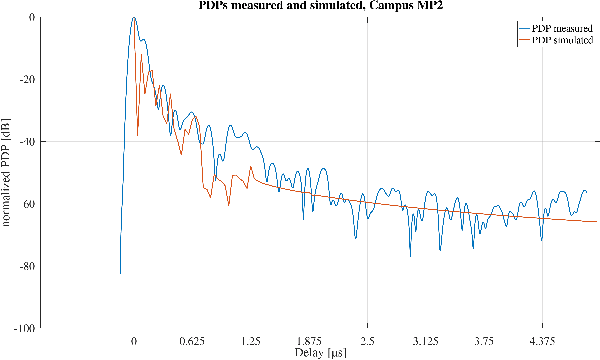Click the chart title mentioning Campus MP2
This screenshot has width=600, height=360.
[299, 7]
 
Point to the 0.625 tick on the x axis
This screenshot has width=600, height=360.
[192, 340]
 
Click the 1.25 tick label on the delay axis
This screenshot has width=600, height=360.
[251, 340]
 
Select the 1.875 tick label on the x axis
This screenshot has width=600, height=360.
[309, 340]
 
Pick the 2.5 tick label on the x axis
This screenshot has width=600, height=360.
[368, 340]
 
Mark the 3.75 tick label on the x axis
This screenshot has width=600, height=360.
[485, 340]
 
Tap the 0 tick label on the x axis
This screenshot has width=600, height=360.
[134, 340]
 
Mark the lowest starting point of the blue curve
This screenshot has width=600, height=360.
[120, 273]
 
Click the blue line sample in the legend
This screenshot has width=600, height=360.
[522, 30]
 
